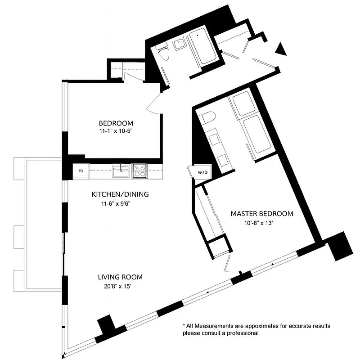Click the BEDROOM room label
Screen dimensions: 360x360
(116, 123)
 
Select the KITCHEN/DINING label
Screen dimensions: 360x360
(120, 194)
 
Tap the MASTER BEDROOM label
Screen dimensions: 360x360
(262, 214)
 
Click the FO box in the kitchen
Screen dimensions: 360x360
(81, 171)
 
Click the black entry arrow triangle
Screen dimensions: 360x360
(281, 49)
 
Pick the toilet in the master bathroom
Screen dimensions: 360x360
(207, 118)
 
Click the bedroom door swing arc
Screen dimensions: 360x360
(154, 103)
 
